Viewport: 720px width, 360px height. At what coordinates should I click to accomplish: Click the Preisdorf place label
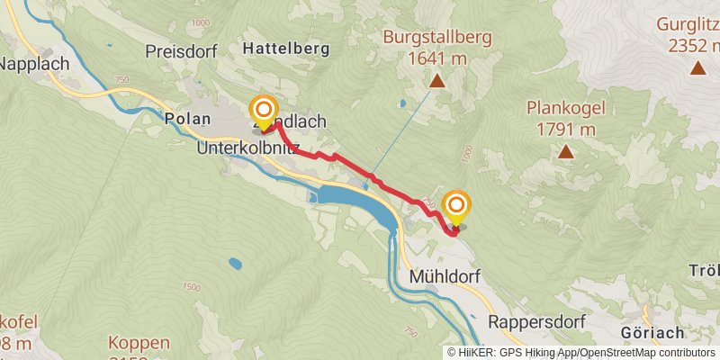[x=182, y=52]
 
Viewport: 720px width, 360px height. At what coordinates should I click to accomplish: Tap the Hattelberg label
[x=285, y=47]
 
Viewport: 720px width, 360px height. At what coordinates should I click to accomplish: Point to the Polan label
[x=187, y=118]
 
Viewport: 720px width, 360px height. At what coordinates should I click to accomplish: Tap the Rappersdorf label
[x=537, y=321]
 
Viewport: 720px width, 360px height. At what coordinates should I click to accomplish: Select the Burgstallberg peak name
[x=437, y=38]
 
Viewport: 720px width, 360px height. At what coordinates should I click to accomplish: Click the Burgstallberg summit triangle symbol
[x=437, y=82]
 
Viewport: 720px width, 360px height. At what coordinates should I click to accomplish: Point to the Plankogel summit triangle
[x=566, y=151]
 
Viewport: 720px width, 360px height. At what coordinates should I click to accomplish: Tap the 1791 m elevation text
[x=566, y=129]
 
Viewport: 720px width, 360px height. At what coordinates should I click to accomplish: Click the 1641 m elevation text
[x=437, y=58]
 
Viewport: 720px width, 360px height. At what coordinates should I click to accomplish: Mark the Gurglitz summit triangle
[x=697, y=67]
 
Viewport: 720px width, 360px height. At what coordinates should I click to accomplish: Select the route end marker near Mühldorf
[x=456, y=208]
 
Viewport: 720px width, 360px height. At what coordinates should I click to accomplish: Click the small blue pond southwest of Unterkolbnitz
[x=235, y=264]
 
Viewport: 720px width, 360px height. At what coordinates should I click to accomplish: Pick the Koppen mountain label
[x=139, y=343]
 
